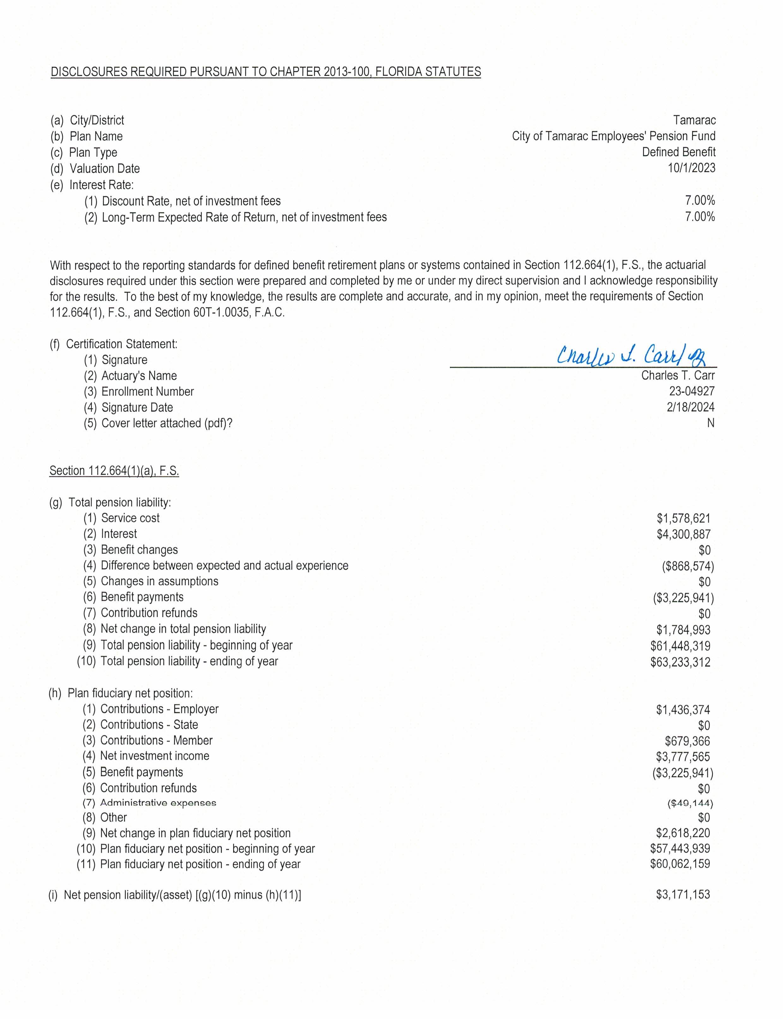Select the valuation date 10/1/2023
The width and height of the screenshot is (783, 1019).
click(691, 168)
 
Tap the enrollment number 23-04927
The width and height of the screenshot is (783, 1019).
click(692, 391)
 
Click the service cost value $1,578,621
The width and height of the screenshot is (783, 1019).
click(683, 518)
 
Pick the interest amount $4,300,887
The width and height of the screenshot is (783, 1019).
click(683, 534)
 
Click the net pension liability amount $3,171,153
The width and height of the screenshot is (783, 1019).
click(683, 894)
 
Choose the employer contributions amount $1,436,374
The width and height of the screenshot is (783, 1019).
click(683, 710)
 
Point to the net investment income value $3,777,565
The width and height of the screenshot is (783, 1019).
click(683, 756)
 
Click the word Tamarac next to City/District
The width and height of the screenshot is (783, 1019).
click(694, 120)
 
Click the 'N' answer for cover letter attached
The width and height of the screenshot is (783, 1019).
click(710, 423)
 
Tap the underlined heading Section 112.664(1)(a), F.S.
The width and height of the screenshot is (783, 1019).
click(114, 471)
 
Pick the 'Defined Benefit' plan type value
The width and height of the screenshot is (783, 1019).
click(678, 152)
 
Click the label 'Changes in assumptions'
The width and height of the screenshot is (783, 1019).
click(160, 581)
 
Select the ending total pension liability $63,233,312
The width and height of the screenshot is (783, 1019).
click(680, 662)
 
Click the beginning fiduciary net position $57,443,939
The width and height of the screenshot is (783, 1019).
click(680, 849)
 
